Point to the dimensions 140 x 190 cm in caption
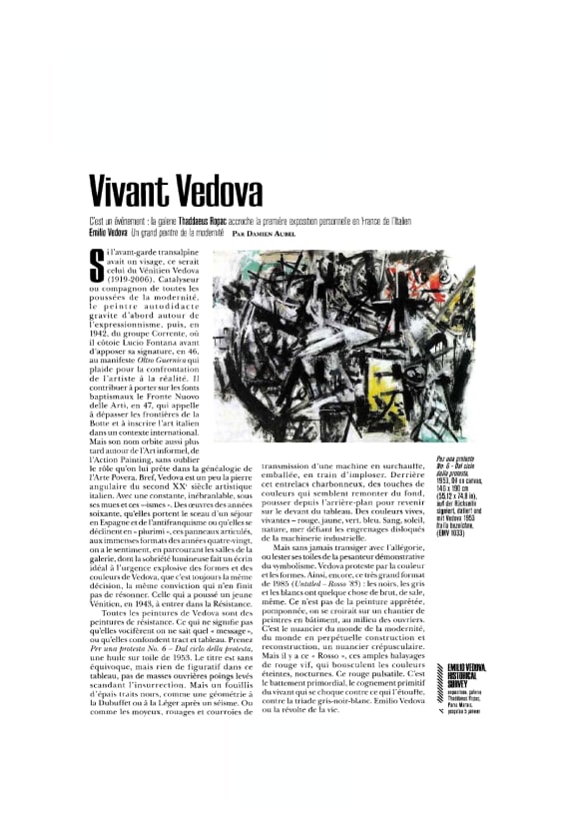pos(456,487)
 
